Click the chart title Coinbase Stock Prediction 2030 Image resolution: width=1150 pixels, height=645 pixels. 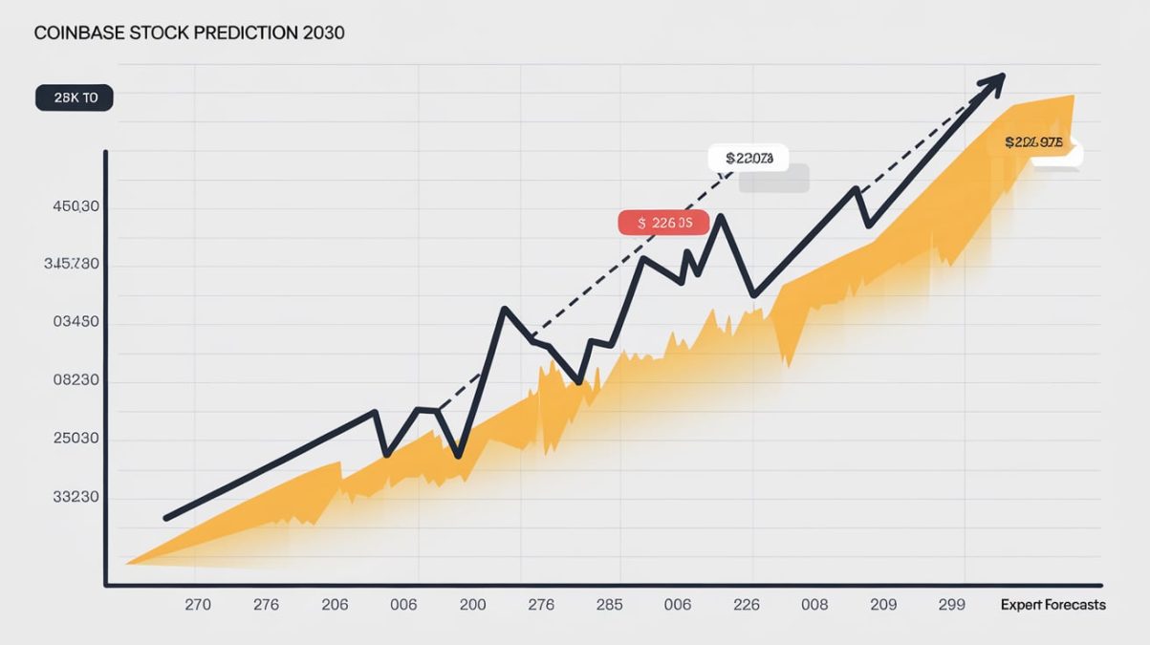coord(189,32)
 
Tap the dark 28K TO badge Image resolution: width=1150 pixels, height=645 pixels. coord(74,97)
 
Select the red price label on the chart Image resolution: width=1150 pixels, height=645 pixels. coord(663,223)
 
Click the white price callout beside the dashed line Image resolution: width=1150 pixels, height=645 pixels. coord(749,158)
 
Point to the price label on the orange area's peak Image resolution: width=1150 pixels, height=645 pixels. coord(1034,142)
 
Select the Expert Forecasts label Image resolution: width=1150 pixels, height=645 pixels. coord(1052,605)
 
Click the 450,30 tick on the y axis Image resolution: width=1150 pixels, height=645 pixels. coord(72,206)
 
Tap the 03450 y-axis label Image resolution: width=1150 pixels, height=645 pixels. coord(72,322)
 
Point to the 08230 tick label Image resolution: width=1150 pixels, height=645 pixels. coord(72,380)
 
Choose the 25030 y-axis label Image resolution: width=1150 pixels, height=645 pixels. coord(72,439)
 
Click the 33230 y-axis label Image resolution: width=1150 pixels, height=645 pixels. coord(72,497)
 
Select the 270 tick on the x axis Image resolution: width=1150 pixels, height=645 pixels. coord(198,605)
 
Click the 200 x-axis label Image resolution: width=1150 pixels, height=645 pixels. coord(472,605)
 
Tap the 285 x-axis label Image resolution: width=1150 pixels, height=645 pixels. coord(609,605)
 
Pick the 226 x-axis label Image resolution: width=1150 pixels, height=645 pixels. coord(746,605)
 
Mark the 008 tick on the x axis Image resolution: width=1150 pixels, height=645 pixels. coord(814,605)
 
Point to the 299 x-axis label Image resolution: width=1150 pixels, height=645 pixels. coord(951,605)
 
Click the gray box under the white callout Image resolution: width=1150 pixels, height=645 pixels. coord(774,180)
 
